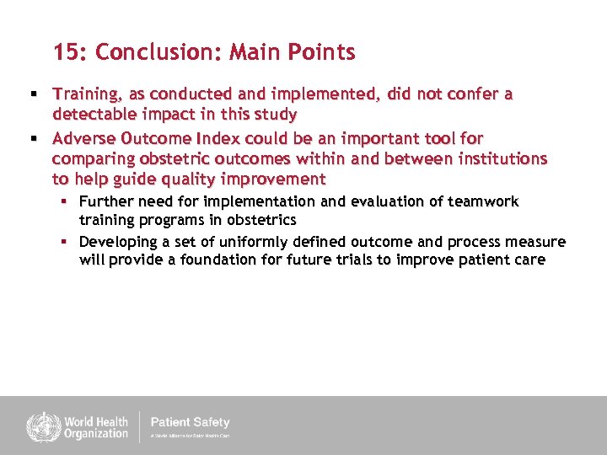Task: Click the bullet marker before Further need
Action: click(x=63, y=201)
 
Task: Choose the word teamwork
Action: click(x=485, y=201)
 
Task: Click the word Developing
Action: click(x=118, y=242)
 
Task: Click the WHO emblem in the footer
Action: click(x=40, y=426)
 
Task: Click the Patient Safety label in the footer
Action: click(x=189, y=422)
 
